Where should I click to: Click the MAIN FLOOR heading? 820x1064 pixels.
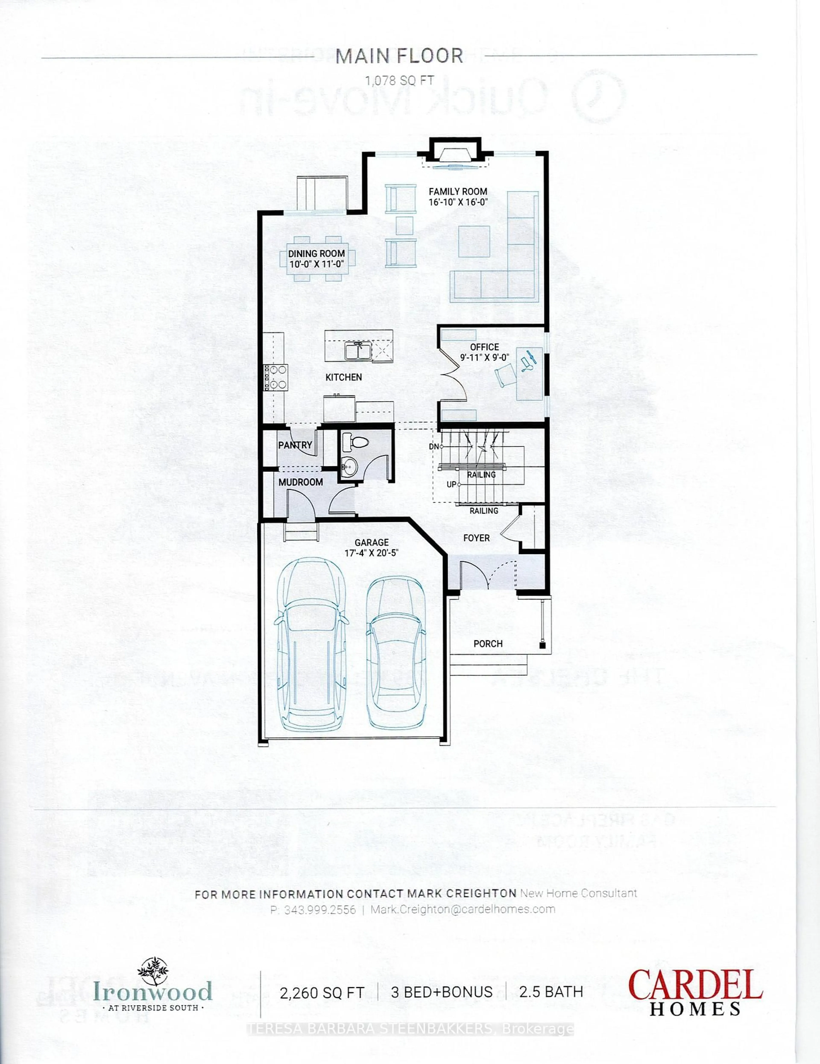click(399, 57)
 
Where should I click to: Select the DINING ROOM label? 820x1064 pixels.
click(316, 253)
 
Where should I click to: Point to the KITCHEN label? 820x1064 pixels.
click(344, 377)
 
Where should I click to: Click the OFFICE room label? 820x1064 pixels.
click(484, 347)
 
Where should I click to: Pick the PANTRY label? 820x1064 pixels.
click(295, 445)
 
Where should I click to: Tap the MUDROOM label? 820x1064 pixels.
click(301, 482)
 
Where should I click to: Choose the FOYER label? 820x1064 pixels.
click(476, 538)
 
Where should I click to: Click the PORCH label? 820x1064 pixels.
click(488, 643)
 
